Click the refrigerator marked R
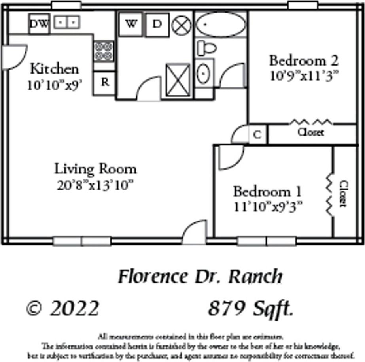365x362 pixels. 105,82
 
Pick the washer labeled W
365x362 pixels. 130,24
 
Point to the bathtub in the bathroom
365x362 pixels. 221,25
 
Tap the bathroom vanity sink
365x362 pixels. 204,74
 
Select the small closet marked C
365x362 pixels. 257,134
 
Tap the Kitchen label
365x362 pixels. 55,69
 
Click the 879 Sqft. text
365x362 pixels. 251,309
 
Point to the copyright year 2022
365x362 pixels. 74,309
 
